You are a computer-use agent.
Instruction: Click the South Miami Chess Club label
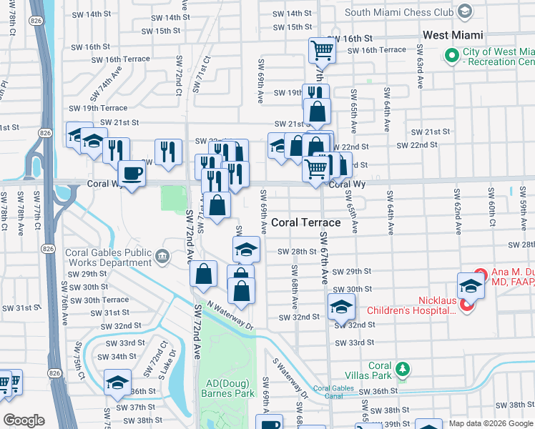tap(399, 12)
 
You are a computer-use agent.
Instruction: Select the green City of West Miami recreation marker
tap(451, 56)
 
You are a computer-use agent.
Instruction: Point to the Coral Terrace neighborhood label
tap(305, 223)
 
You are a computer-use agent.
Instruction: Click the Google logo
tap(24, 420)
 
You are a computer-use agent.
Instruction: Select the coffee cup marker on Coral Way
tap(132, 174)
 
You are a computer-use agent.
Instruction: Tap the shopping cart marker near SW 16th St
tap(322, 51)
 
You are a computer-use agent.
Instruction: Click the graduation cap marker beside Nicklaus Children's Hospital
tap(471, 286)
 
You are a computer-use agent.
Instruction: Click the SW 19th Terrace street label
tap(104, 108)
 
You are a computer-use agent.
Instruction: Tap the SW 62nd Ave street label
tap(456, 202)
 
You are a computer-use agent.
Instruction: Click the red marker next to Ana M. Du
tap(481, 275)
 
